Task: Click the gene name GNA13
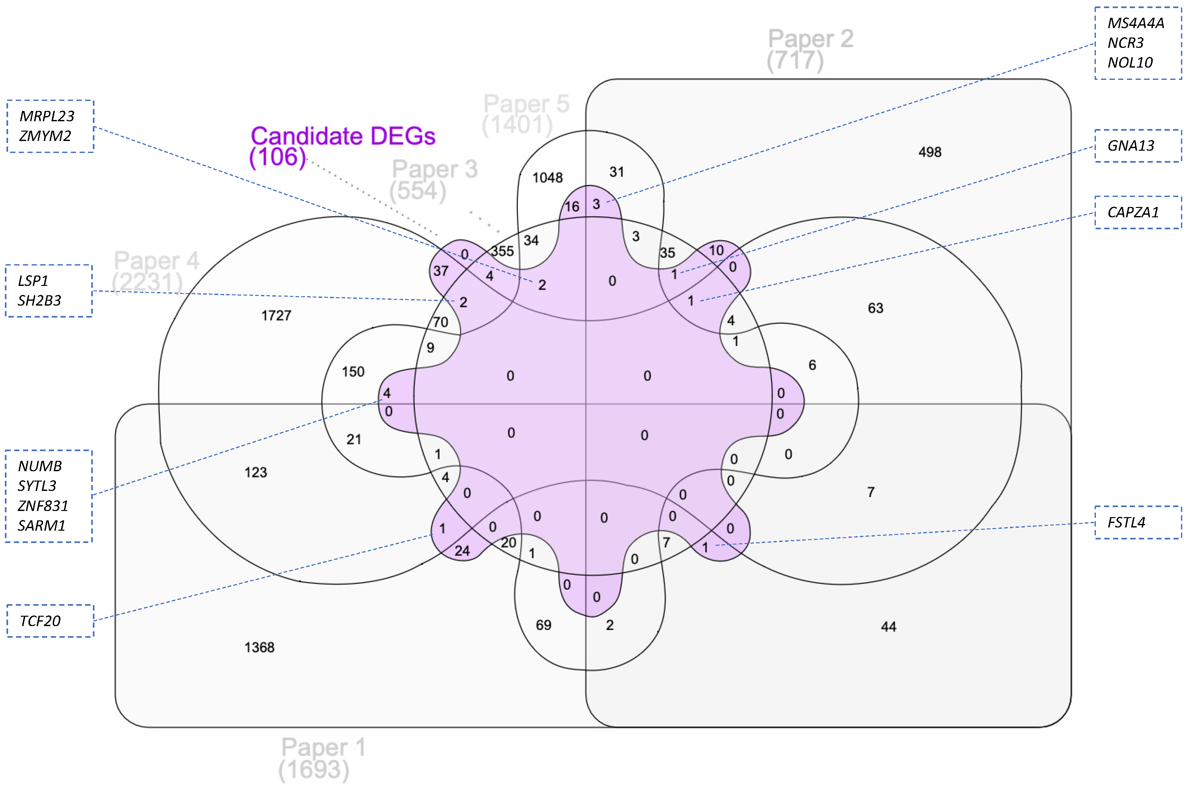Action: [x=1130, y=146]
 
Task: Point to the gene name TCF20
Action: [x=40, y=621]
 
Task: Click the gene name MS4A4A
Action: [x=1135, y=23]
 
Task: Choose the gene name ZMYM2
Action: [x=45, y=136]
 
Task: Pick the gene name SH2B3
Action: [x=39, y=300]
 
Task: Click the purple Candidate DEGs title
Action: [x=343, y=136]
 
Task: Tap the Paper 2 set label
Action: [x=810, y=39]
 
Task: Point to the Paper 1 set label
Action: [x=323, y=748]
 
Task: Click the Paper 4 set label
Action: [x=156, y=261]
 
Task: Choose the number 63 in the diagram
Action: [x=875, y=308]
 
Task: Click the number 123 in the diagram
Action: [x=256, y=472]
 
